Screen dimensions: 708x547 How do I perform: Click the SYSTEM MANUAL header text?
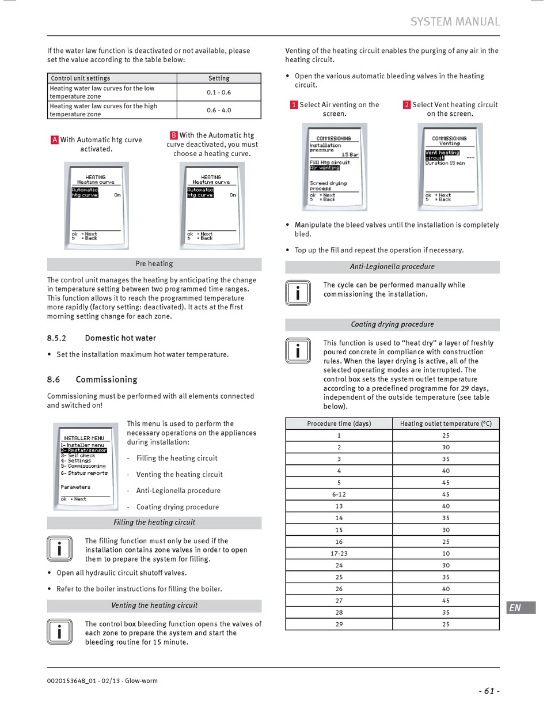click(x=455, y=22)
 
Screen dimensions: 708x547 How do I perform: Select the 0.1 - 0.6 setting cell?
click(x=219, y=92)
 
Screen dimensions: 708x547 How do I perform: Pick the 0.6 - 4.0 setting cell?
click(x=219, y=110)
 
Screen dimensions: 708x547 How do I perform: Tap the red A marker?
click(x=55, y=139)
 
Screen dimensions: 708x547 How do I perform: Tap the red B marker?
click(x=174, y=135)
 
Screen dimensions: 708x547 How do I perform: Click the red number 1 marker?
click(x=294, y=105)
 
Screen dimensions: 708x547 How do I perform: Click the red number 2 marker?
click(x=407, y=105)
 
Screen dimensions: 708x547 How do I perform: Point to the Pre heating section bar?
click(x=154, y=264)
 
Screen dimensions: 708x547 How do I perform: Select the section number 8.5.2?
click(x=56, y=338)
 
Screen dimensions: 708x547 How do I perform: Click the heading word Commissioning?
click(x=107, y=380)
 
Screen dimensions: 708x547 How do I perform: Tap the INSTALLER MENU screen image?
click(x=85, y=467)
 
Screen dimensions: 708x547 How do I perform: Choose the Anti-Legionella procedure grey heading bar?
click(x=392, y=267)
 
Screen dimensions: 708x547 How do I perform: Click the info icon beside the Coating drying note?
click(x=298, y=351)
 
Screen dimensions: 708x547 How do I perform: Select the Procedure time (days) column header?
click(x=339, y=423)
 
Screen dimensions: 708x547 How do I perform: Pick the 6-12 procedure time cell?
click(x=339, y=494)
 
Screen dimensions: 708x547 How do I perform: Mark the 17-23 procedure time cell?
click(x=339, y=554)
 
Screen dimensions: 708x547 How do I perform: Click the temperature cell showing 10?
click(x=446, y=554)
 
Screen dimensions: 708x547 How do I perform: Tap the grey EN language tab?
click(x=521, y=608)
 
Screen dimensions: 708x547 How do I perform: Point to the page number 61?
click(x=489, y=691)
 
